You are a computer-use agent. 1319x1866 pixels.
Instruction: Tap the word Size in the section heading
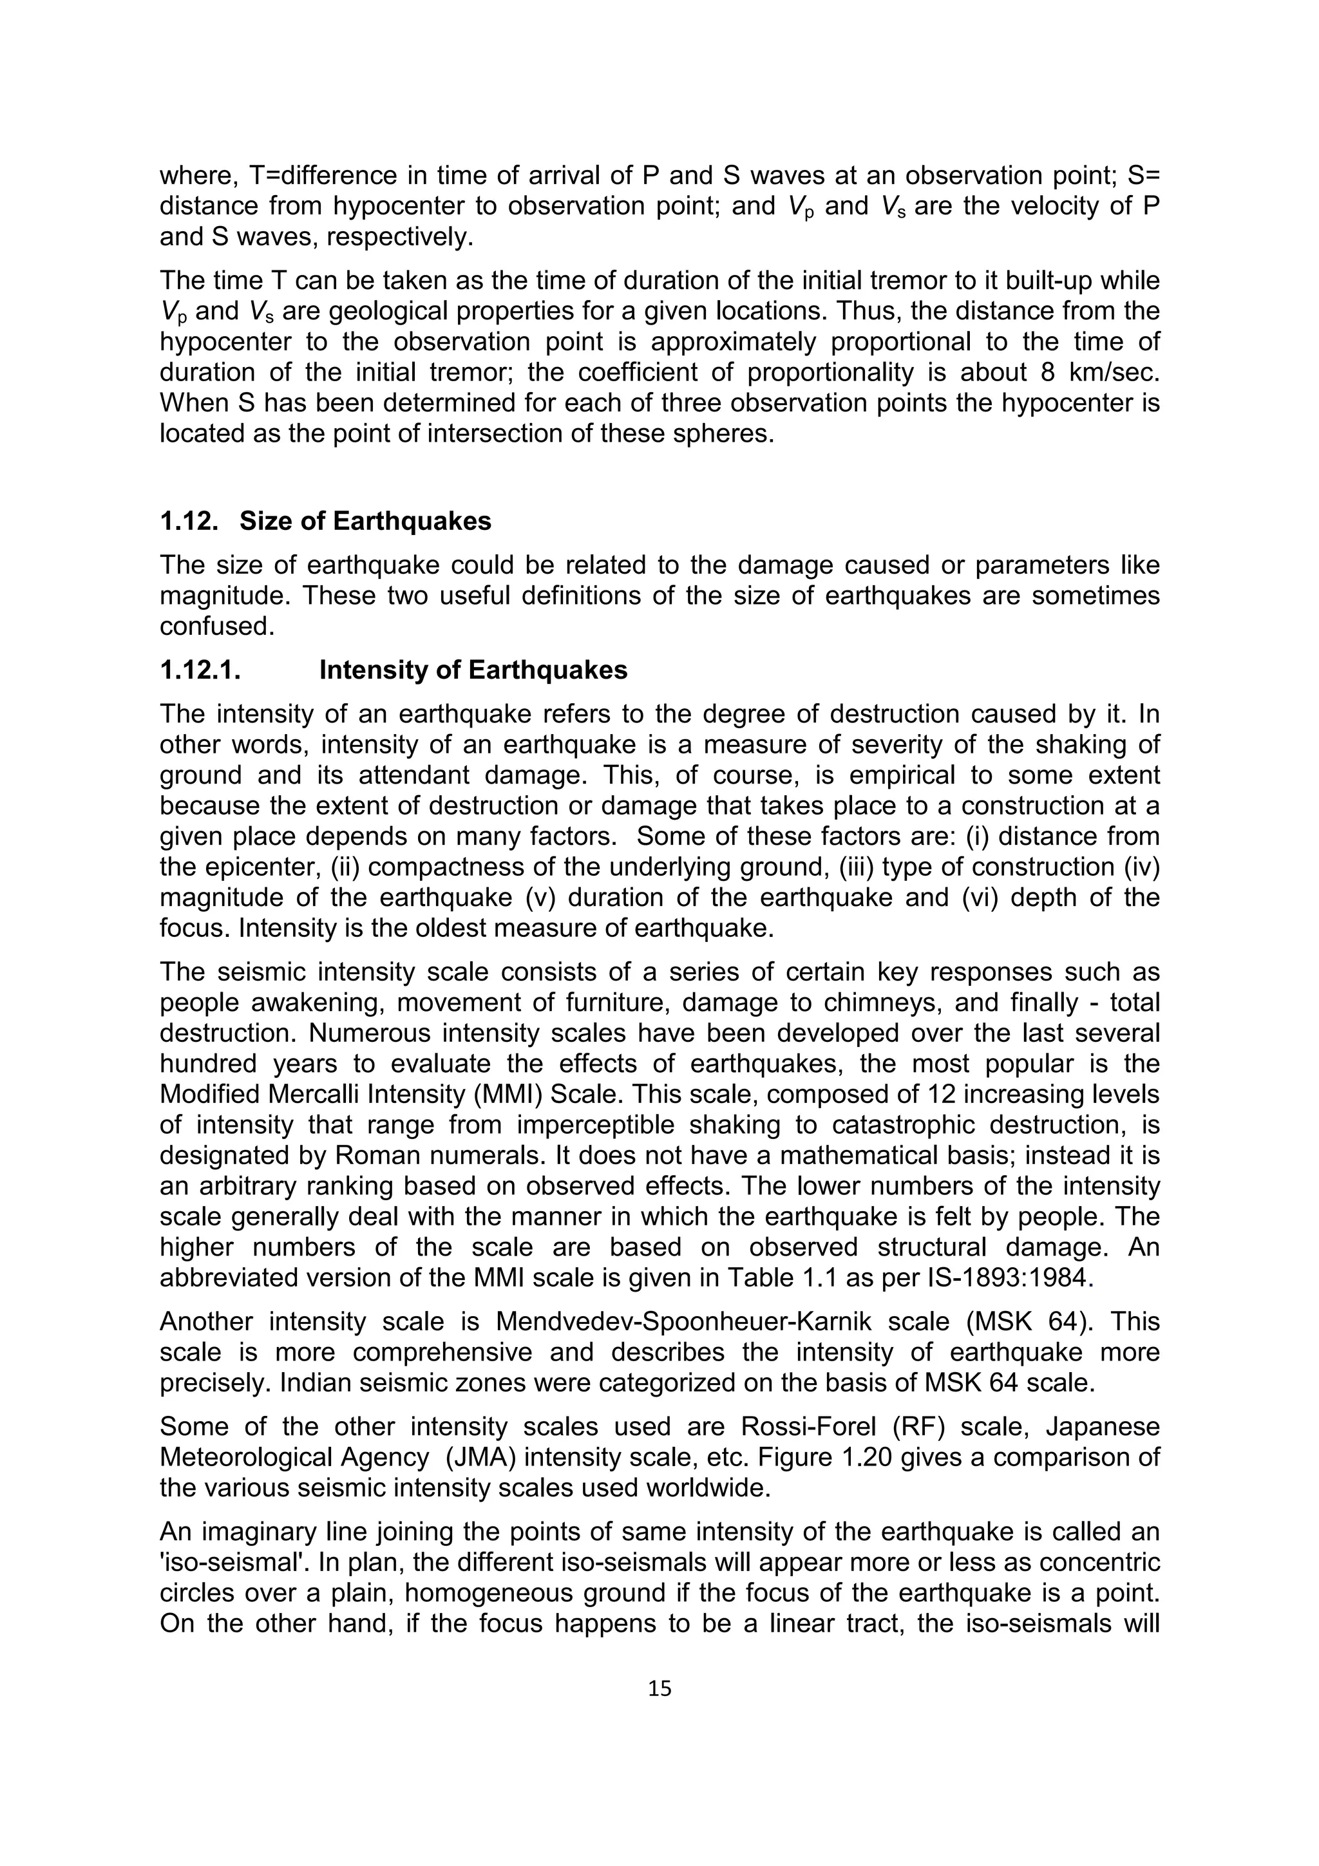(264, 521)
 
